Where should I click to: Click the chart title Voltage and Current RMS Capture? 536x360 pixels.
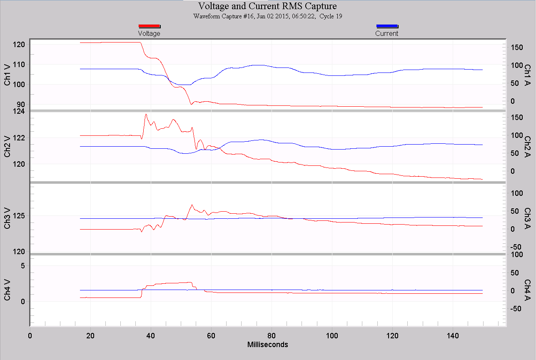tap(267, 6)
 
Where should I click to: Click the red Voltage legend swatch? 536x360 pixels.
tap(149, 26)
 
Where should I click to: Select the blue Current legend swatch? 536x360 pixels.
tap(387, 26)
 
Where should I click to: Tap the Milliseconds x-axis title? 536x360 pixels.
tap(267, 345)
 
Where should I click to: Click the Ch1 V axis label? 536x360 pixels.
tap(8, 75)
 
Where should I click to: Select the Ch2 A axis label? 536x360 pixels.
tap(527, 146)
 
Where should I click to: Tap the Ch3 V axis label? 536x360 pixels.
tap(8, 218)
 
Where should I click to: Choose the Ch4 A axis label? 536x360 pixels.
tap(527, 290)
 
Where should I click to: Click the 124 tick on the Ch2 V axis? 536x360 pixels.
tap(19, 111)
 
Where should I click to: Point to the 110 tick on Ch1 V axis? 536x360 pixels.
tap(19, 65)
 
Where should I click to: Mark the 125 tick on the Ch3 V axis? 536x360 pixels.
tap(19, 216)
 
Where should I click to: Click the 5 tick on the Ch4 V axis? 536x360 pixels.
tap(22, 266)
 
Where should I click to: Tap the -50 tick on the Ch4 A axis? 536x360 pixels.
tap(515, 309)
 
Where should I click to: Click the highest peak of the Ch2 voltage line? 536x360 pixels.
tap(146, 114)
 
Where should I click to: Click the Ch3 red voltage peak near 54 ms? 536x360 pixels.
tap(192, 205)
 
